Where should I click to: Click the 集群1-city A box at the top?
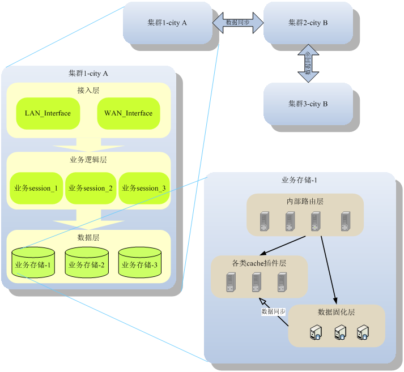point(167,23)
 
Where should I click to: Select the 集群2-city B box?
point(308,23)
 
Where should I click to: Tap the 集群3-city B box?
point(308,104)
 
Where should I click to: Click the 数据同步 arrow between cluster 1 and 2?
point(238,23)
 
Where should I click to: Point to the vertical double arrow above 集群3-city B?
point(308,63)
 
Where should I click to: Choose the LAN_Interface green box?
point(48,113)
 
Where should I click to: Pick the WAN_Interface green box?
point(128,113)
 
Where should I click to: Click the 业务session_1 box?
point(35,188)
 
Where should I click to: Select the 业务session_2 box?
point(90,188)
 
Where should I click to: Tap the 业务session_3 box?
point(144,188)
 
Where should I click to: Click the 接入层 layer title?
point(88,90)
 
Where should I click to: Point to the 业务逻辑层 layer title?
point(88,160)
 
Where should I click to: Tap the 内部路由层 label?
point(305,201)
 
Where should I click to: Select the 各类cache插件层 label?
point(259,263)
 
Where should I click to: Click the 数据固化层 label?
point(337,313)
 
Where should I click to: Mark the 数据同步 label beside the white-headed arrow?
point(273,311)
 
